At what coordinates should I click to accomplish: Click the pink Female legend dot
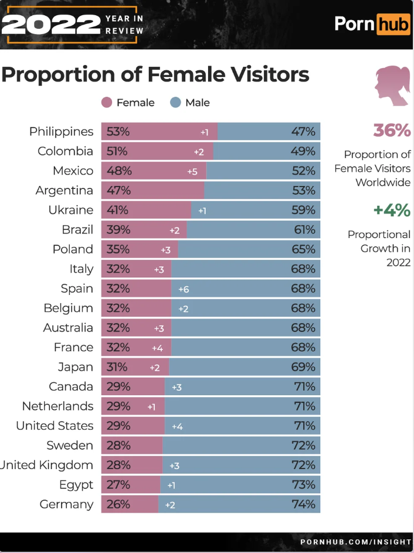pos(106,103)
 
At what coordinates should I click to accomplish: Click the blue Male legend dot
pos(175,103)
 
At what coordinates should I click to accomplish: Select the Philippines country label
pos(62,131)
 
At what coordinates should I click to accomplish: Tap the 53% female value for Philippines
pos(118,131)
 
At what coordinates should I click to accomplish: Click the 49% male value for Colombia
pos(303,151)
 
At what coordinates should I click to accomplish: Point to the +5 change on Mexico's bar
pos(192,171)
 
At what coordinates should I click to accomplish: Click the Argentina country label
pos(65,191)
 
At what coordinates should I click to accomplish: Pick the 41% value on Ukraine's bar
pos(118,210)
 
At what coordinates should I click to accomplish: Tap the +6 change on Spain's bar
pos(184,289)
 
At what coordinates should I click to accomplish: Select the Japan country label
pos(75,367)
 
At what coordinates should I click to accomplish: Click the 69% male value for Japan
pos(303,367)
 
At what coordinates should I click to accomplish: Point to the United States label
pos(55,426)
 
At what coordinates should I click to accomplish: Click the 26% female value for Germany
pos(118,504)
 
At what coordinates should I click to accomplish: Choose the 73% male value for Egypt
pos(303,485)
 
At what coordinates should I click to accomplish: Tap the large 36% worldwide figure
pos(392,130)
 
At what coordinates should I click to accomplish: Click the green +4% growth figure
pos(392,210)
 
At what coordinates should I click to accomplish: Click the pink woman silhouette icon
pos(392,86)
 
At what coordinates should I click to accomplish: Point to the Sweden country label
pos(70,446)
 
